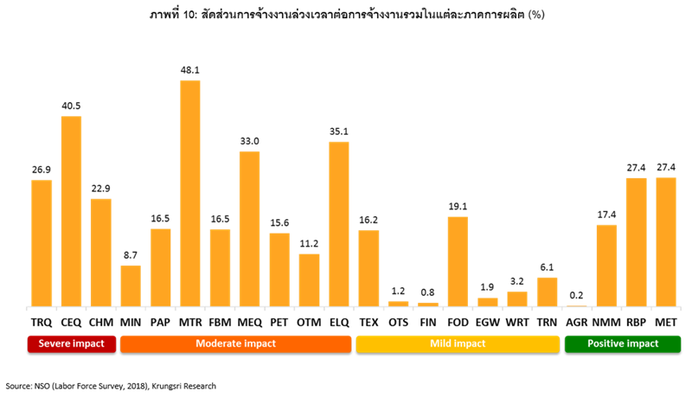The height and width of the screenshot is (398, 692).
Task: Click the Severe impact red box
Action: point(72,343)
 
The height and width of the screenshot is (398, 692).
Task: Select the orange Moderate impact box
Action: point(235,343)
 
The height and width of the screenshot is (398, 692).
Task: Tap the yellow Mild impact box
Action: point(458,343)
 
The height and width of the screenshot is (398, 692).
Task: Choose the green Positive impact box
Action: point(623,343)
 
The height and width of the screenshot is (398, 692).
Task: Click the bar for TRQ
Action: point(42,242)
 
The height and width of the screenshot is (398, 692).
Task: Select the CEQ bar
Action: point(71,211)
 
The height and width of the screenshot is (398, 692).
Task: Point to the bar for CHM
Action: point(101,252)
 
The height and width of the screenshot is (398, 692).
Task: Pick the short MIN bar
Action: point(131,285)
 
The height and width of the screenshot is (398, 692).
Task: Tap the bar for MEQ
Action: point(250,228)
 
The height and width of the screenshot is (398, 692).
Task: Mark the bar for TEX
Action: point(368,267)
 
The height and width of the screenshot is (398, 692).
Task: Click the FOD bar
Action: point(458,260)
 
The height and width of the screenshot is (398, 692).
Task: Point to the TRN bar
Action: point(547,291)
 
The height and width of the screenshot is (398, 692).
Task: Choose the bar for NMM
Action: point(606,265)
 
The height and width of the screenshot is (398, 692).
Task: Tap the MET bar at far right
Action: point(666,241)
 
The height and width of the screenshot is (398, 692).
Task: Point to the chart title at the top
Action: point(346,15)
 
